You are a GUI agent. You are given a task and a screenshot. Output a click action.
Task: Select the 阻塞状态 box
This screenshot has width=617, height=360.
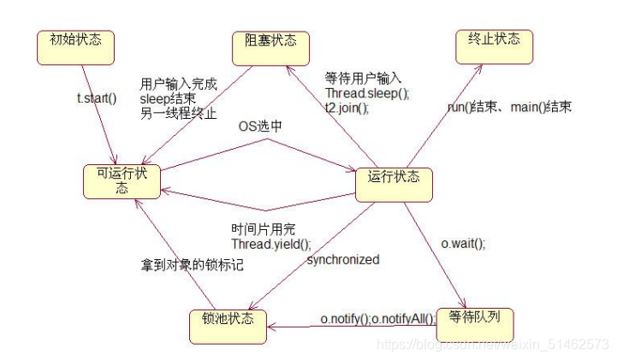click(x=270, y=43)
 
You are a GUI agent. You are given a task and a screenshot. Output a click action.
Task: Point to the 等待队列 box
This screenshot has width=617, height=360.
click(x=474, y=317)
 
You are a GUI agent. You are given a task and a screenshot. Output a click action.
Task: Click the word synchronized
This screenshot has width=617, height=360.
click(x=342, y=259)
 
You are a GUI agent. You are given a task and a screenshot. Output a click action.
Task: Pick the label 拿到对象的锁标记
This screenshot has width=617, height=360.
click(x=193, y=265)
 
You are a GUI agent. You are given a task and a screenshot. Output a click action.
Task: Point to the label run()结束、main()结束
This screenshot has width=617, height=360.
click(x=510, y=108)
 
